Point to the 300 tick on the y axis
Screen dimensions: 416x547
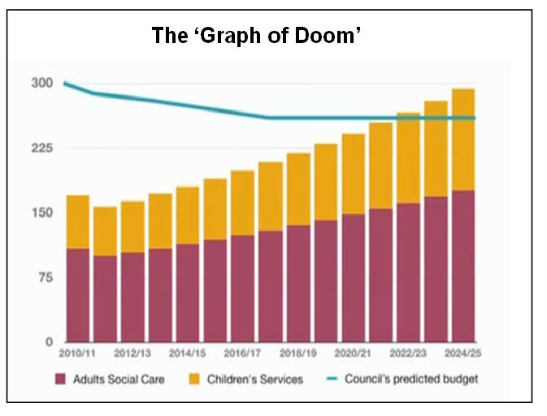[x=41, y=83]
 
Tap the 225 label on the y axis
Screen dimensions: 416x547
[x=41, y=148]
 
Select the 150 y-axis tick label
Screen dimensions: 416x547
[x=41, y=213]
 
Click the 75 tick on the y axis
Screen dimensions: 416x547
[x=44, y=278]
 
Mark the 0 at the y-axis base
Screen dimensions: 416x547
[x=48, y=342]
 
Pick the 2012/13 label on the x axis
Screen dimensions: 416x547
[x=132, y=355]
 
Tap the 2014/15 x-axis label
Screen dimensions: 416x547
[x=188, y=355]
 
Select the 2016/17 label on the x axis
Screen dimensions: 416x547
[x=243, y=355]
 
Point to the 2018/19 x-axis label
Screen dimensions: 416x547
[x=298, y=355]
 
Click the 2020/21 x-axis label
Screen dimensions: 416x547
[x=353, y=355]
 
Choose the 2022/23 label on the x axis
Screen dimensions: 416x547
[x=408, y=355]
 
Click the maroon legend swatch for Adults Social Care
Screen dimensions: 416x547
[x=60, y=379]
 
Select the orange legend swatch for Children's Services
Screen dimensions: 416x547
[x=193, y=379]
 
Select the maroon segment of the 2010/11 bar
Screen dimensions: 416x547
[x=78, y=295]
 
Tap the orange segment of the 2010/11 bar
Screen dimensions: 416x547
[x=78, y=222]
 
